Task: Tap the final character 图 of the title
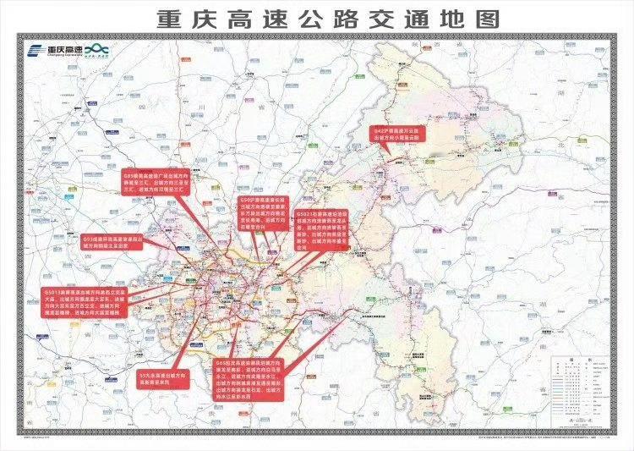pos(483,19)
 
